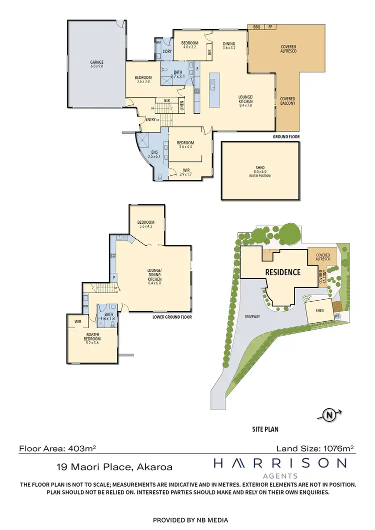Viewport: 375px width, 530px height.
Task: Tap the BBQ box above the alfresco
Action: pos(257,26)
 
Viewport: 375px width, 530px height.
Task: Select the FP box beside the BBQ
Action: pos(270,26)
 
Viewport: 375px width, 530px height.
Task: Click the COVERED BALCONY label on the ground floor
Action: pos(287,101)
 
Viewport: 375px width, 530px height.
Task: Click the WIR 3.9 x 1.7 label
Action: pos(185,172)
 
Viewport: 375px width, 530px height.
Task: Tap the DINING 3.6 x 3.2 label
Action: pos(229,45)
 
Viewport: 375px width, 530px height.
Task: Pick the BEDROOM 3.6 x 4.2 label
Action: pos(146,224)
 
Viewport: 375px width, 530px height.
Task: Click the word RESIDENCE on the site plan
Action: pos(282,272)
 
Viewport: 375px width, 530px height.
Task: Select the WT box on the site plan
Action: pos(337,316)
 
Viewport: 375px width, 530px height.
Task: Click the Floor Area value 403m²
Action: pos(80,449)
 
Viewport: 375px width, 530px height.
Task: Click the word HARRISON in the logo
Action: pos(280,464)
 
